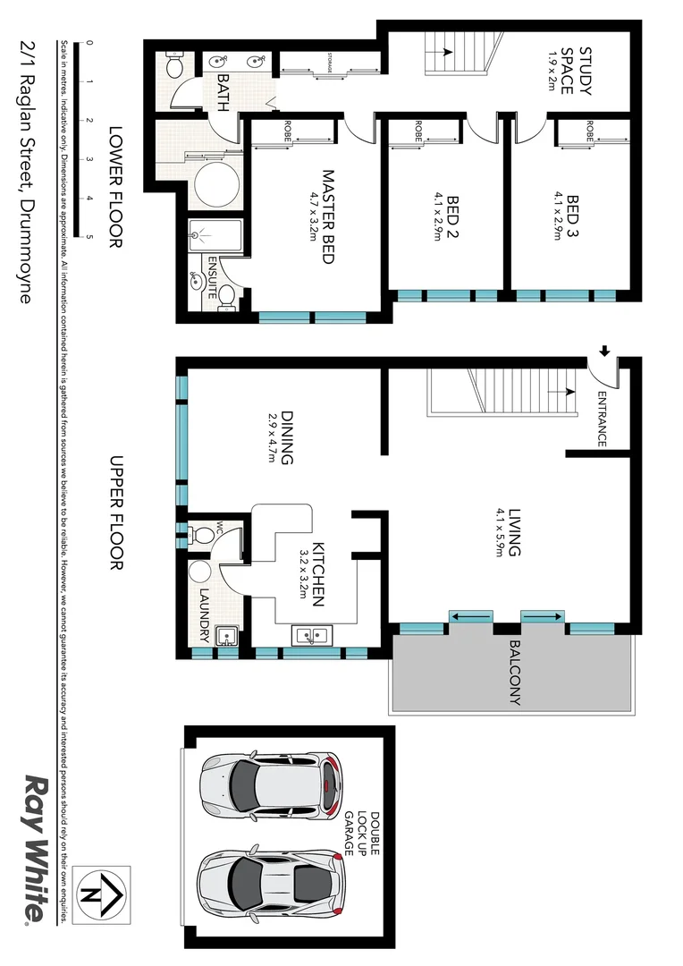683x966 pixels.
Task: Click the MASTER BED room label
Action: (x=327, y=216)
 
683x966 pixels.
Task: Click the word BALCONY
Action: (x=515, y=673)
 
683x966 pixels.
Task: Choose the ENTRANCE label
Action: (x=602, y=419)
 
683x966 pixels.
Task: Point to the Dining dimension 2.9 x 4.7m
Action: (x=272, y=438)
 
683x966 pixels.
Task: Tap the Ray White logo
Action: (x=35, y=848)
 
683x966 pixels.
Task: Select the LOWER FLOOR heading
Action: (x=114, y=187)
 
